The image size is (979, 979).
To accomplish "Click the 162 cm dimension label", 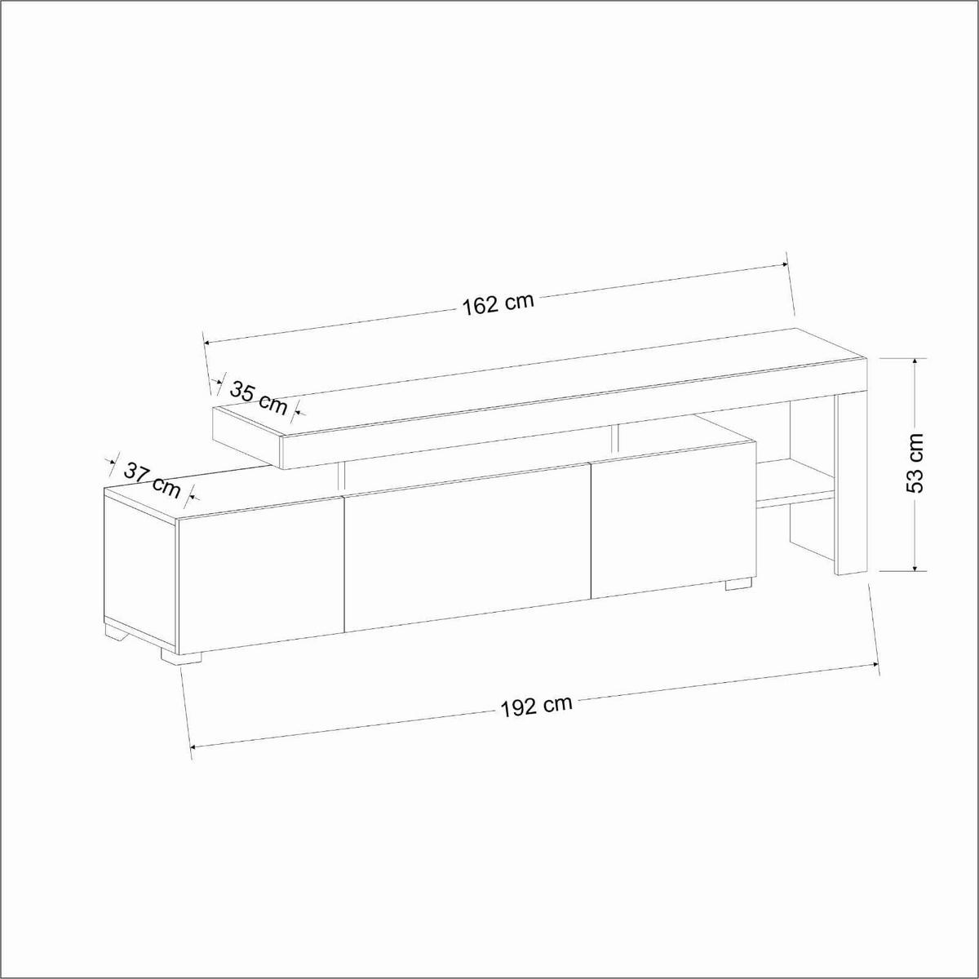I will coord(498,304).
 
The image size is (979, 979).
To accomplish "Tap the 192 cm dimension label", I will coord(536,706).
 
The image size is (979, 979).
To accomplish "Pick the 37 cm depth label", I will coord(153,479).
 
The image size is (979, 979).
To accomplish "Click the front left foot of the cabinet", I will coord(181,655).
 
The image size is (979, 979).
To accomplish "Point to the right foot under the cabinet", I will coord(738,583).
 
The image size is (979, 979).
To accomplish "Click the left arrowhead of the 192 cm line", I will coord(194,746).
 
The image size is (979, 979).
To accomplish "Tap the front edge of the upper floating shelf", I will coord(571,416).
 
